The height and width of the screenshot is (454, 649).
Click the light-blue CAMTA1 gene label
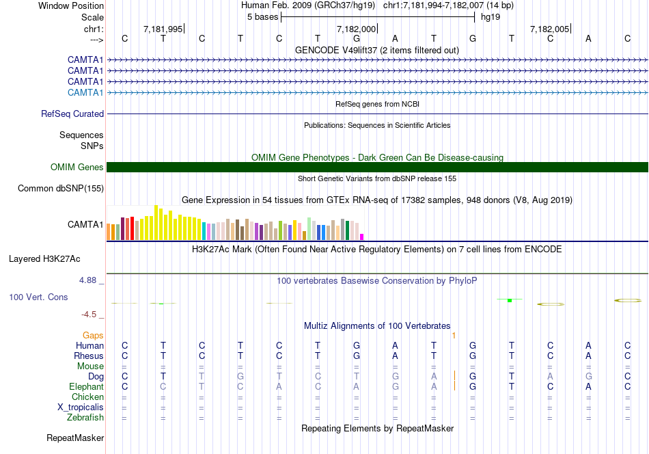click(x=85, y=92)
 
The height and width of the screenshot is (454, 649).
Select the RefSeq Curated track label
click(x=72, y=114)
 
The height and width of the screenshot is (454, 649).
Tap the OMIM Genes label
click(x=77, y=168)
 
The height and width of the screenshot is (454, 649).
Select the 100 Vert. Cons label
click(x=40, y=297)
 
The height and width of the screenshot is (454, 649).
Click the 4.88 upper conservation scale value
click(x=88, y=280)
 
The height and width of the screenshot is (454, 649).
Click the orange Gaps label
click(x=93, y=335)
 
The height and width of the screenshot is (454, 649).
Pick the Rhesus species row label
click(x=89, y=356)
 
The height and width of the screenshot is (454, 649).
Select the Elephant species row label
click(x=87, y=387)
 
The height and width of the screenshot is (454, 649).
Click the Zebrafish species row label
click(x=85, y=418)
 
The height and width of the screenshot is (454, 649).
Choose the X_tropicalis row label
click(x=81, y=408)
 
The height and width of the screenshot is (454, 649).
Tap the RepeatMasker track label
click(x=75, y=438)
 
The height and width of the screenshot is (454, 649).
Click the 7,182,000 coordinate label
click(x=356, y=29)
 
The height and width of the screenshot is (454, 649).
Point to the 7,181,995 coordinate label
click(x=163, y=29)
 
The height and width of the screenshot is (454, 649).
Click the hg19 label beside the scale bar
click(x=490, y=16)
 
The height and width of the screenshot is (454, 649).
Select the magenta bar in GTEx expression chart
click(x=362, y=237)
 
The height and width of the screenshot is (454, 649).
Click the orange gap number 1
click(x=454, y=335)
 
